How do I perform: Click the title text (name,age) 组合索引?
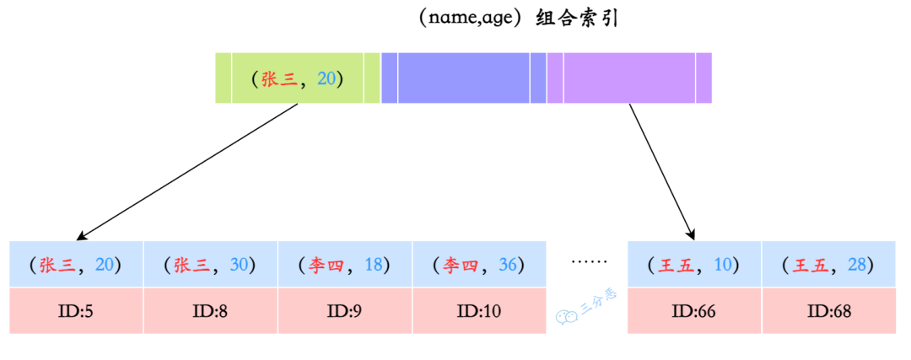(517, 19)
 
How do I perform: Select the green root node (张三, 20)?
(297, 78)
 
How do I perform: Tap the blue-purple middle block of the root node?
(463, 78)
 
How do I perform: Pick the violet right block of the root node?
(629, 78)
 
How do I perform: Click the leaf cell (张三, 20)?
(76, 265)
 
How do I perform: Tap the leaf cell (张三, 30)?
(210, 265)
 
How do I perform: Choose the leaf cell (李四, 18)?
(344, 265)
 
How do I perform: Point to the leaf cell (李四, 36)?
(479, 265)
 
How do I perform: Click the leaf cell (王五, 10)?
(694, 265)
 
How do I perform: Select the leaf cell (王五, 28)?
(828, 265)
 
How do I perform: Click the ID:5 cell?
(76, 310)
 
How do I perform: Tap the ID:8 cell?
(210, 310)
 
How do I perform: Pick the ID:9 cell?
(344, 310)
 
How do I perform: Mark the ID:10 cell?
(479, 310)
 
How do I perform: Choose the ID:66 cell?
(694, 310)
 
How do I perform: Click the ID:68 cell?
(828, 310)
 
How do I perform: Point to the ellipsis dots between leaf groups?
(589, 262)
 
